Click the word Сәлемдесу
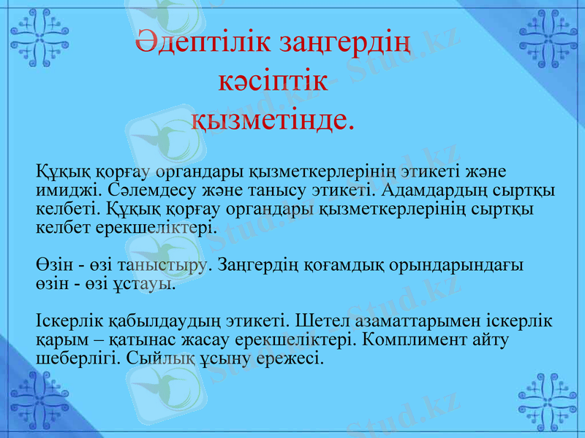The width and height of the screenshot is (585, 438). [x=138, y=191]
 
